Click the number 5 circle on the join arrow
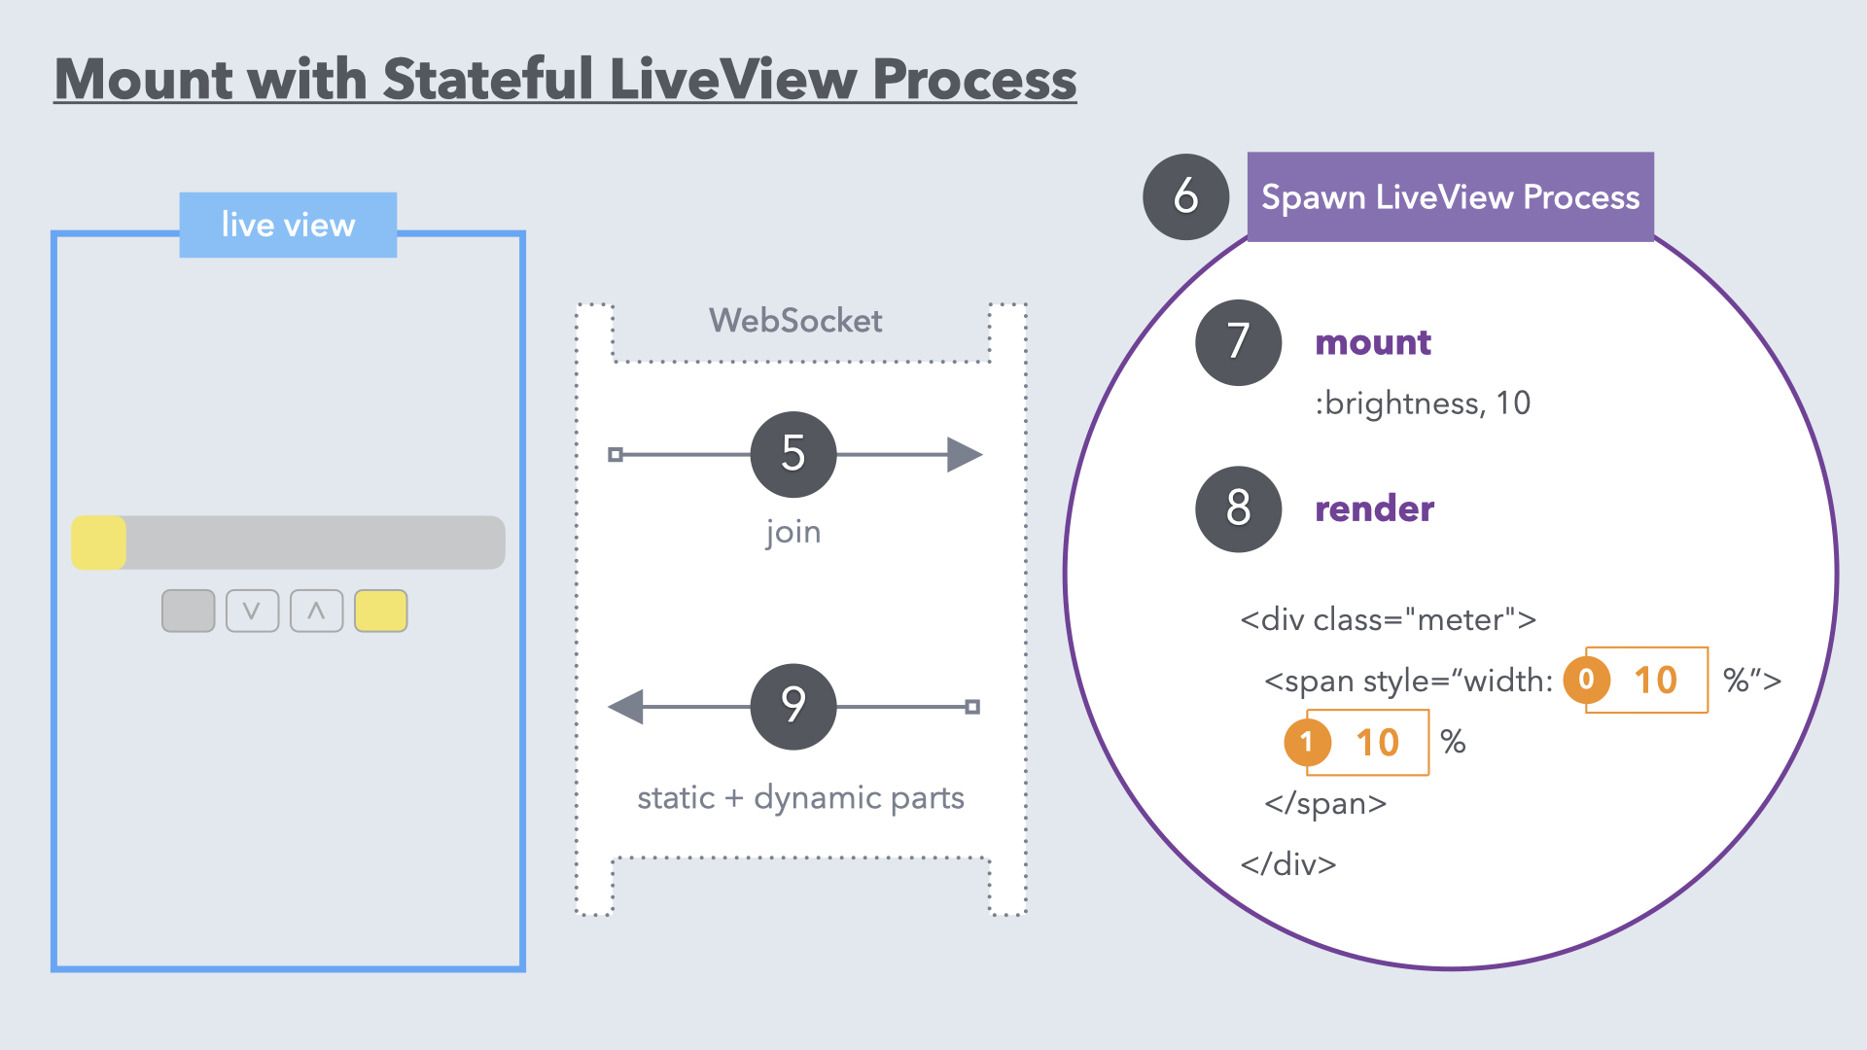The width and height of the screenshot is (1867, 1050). click(x=793, y=454)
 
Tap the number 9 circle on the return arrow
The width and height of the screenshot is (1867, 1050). click(x=793, y=707)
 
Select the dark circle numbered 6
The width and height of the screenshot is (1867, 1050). click(x=1185, y=197)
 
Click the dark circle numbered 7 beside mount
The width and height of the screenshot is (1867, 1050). click(x=1238, y=342)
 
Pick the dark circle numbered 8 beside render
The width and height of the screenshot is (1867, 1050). click(x=1238, y=509)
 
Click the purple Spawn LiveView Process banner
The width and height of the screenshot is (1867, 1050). click(x=1450, y=197)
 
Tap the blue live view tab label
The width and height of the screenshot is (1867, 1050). click(x=288, y=226)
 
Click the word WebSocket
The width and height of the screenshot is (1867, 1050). click(x=795, y=321)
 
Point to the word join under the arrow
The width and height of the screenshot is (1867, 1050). click(x=793, y=532)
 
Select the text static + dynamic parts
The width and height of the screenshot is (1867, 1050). click(x=800, y=798)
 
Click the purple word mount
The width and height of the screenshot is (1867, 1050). click(x=1372, y=342)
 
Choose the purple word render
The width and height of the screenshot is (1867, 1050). click(x=1374, y=509)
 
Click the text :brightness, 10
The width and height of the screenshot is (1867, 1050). click(x=1423, y=403)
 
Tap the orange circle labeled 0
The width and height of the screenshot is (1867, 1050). click(x=1586, y=680)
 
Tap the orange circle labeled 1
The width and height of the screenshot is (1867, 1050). click(x=1307, y=743)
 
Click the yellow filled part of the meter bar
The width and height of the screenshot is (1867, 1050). click(x=99, y=542)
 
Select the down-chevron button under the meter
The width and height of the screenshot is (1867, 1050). click(x=252, y=612)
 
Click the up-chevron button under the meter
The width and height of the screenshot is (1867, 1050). click(x=316, y=612)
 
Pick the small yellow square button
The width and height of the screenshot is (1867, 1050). click(x=380, y=612)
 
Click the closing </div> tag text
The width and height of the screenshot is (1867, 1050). click(x=1288, y=864)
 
